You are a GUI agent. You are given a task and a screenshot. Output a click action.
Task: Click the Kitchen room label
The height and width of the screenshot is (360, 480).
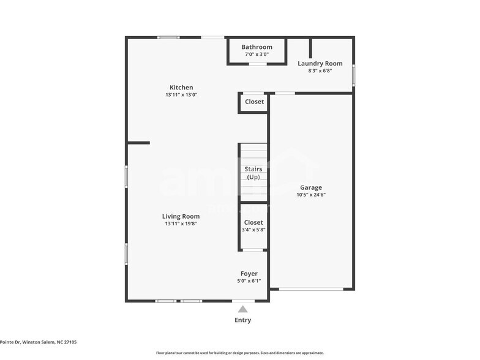pyautogui.click(x=181, y=88)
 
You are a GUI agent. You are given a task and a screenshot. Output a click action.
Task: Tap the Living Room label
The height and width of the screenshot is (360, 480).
pyautogui.click(x=181, y=216)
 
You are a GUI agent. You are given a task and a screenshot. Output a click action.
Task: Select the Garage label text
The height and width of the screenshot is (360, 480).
pyautogui.click(x=310, y=187)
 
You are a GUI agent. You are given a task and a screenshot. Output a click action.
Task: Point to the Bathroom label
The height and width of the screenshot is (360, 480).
pyautogui.click(x=257, y=47)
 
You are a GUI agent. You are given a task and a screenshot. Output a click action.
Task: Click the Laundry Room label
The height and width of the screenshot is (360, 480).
pyautogui.click(x=320, y=64)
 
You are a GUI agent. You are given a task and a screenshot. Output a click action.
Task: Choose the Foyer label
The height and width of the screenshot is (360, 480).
pyautogui.click(x=249, y=274)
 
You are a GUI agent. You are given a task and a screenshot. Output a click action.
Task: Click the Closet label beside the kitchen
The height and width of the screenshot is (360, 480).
pyautogui.click(x=254, y=102)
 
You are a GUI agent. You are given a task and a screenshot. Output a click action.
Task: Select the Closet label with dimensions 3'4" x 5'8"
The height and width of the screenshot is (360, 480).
pyautogui.click(x=253, y=222)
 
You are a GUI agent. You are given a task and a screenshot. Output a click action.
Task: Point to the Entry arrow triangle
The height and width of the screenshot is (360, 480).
pyautogui.click(x=243, y=309)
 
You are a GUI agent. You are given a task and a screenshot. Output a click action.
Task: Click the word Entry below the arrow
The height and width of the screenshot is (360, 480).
pyautogui.click(x=243, y=320)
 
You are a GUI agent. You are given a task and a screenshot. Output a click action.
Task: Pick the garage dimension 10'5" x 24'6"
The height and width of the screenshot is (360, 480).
pyautogui.click(x=310, y=195)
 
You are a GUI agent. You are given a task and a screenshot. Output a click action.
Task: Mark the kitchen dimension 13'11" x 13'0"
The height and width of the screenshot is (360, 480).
pyautogui.click(x=181, y=95)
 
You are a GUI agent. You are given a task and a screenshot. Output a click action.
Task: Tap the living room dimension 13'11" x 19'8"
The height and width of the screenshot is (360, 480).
pyautogui.click(x=181, y=223)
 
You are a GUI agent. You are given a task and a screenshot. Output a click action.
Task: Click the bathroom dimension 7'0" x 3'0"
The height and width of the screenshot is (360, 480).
pyautogui.click(x=257, y=54)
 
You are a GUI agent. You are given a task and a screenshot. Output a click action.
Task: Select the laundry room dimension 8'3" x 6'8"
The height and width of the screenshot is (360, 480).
pyautogui.click(x=320, y=71)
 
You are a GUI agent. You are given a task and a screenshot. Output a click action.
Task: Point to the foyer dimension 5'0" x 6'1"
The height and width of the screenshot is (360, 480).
pyautogui.click(x=249, y=281)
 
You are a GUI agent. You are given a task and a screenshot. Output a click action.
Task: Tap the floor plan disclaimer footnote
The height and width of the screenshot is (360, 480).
pyautogui.click(x=239, y=353)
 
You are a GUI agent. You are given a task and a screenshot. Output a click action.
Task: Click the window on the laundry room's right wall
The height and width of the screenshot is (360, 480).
pyautogui.click(x=353, y=75)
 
